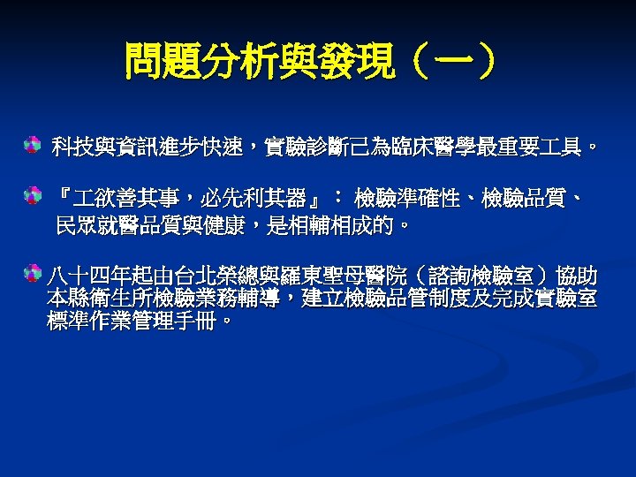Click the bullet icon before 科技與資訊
click(32, 143)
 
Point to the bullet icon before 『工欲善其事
click(32, 193)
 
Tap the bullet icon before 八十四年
click(32, 270)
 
